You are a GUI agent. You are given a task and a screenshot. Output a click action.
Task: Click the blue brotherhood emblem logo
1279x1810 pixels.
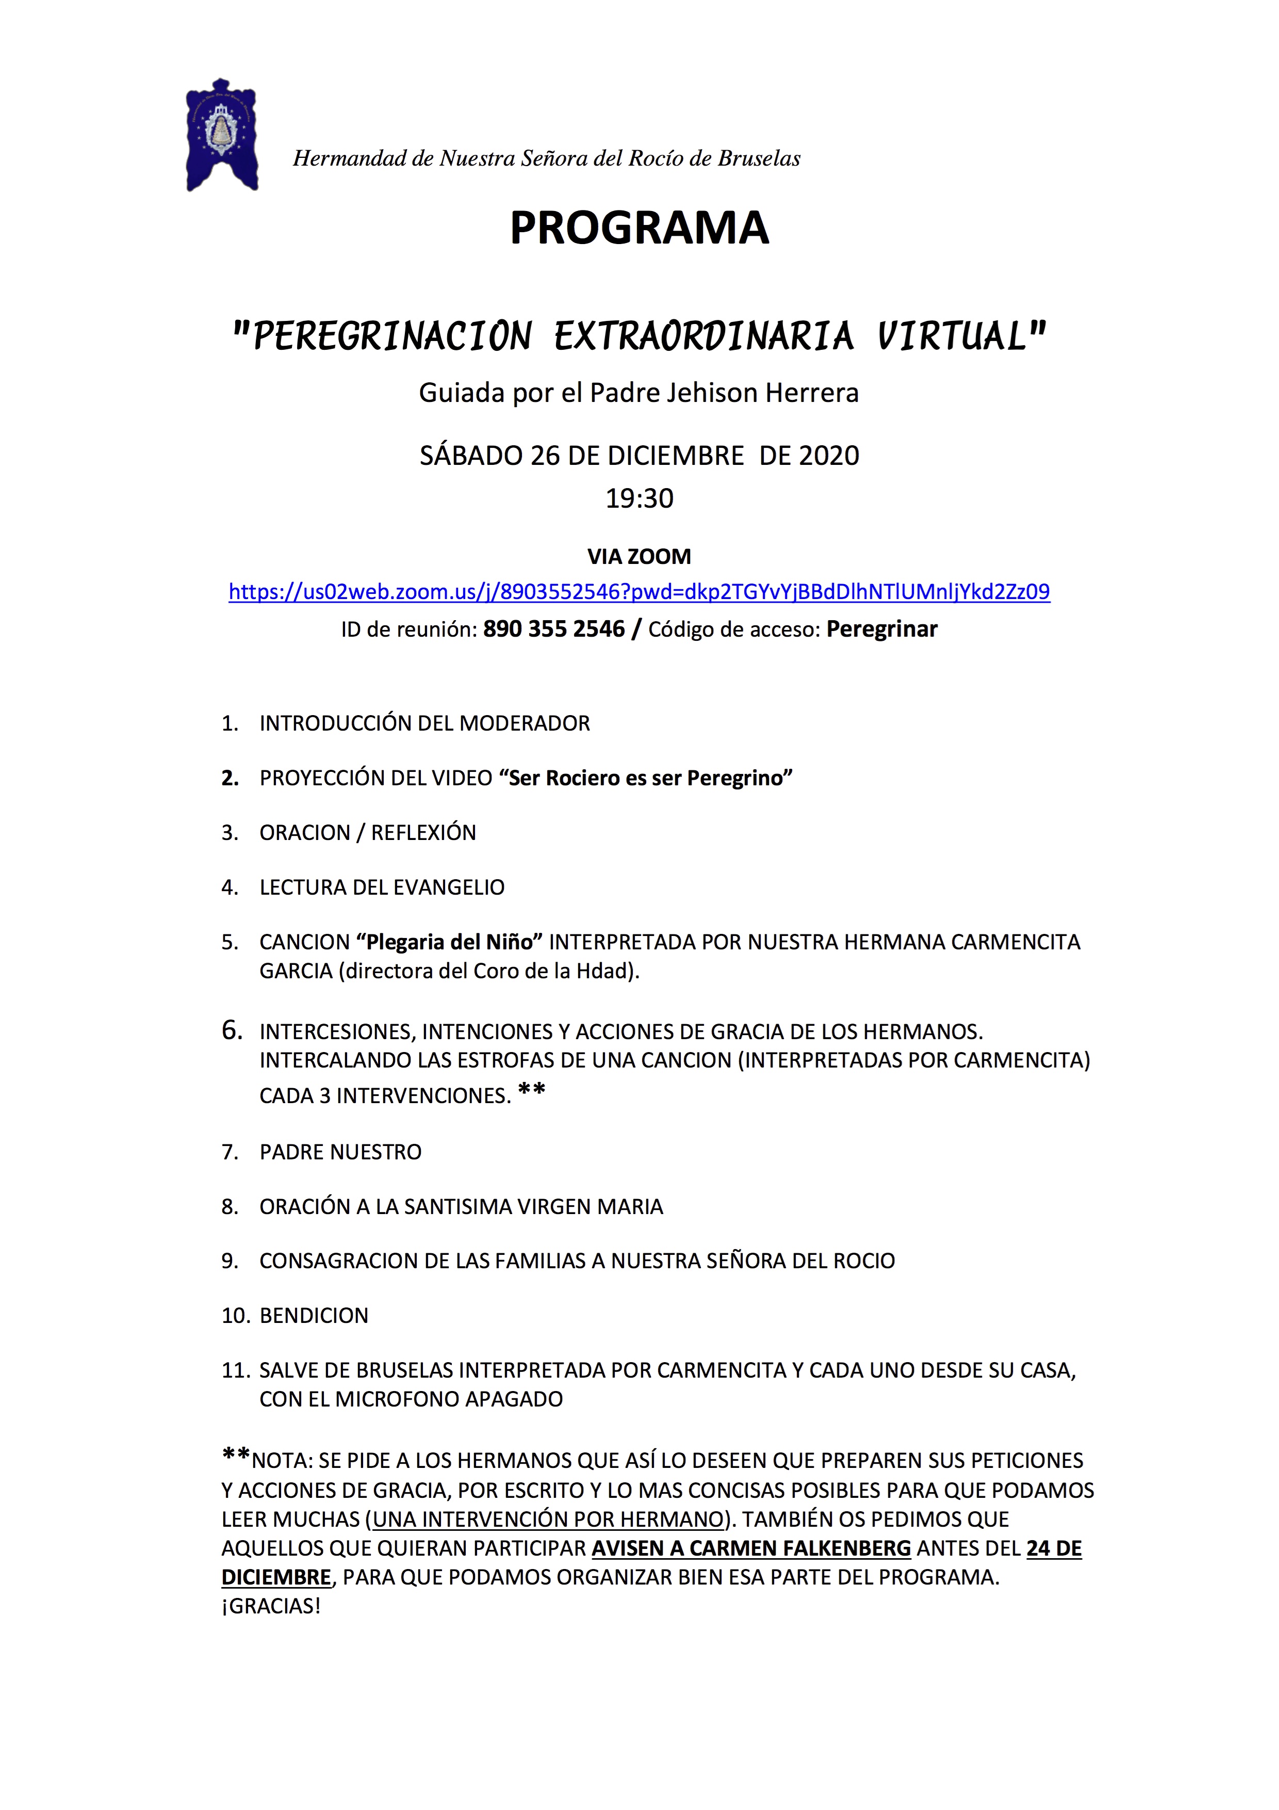point(221,135)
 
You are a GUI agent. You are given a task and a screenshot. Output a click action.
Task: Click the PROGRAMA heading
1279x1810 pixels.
point(639,229)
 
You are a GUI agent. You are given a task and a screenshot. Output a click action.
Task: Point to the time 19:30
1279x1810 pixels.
point(639,499)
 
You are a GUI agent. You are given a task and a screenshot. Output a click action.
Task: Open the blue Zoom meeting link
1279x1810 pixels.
point(639,591)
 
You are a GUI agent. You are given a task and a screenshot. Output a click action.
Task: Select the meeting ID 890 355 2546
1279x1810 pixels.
point(553,629)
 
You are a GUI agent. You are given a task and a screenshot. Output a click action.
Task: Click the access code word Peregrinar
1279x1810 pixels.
point(882,629)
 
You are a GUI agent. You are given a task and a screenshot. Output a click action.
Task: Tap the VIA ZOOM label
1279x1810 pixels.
point(639,557)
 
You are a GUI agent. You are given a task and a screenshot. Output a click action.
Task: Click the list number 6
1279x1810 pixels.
point(231,1030)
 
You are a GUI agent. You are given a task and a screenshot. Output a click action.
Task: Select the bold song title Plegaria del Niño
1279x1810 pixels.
point(449,942)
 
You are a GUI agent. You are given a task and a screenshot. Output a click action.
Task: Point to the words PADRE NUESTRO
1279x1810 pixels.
point(340,1153)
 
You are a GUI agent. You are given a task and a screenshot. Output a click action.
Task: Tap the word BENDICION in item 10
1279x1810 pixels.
point(314,1316)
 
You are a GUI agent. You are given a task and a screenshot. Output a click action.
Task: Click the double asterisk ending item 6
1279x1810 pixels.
point(531,1092)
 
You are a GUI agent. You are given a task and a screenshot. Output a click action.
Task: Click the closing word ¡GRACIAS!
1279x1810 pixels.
point(271,1607)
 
